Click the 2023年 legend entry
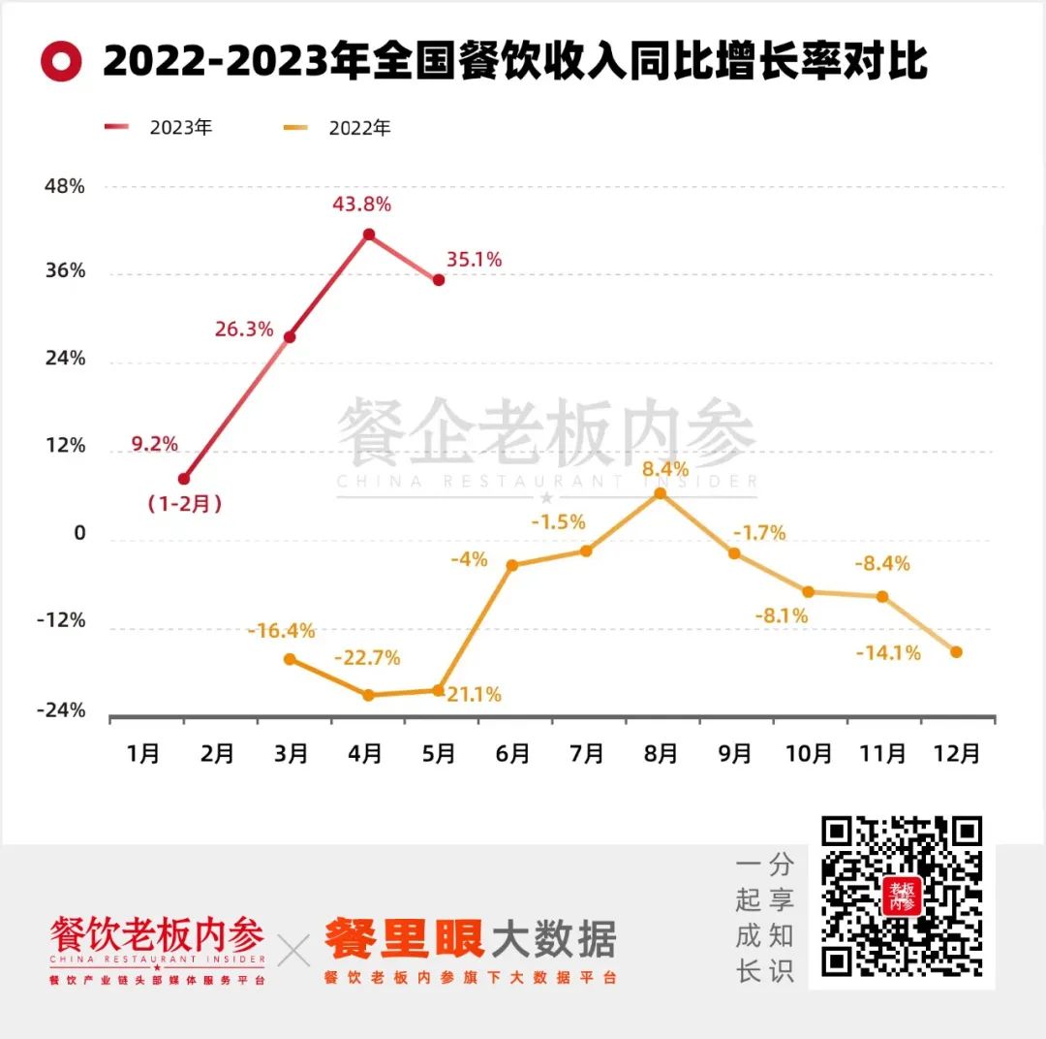click(x=160, y=127)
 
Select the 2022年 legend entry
click(x=339, y=127)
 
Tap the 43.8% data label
click(x=361, y=205)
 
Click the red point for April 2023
click(x=369, y=235)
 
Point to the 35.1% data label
click(x=474, y=260)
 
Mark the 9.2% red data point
click(x=184, y=479)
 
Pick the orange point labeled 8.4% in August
click(x=661, y=493)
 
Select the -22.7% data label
click(x=367, y=658)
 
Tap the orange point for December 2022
click(x=956, y=652)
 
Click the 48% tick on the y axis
click(x=65, y=186)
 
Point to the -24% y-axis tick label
click(x=62, y=711)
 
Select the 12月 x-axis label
click(x=956, y=753)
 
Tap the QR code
click(x=902, y=897)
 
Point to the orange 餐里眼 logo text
click(x=403, y=938)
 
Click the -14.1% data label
click(x=888, y=653)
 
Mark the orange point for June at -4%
click(x=512, y=565)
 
